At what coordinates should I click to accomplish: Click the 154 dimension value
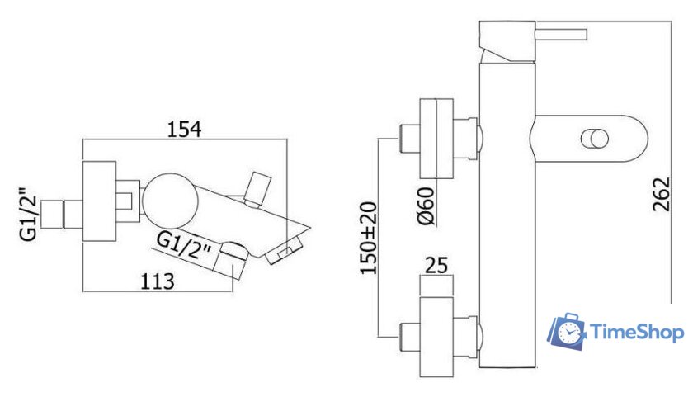(x=184, y=129)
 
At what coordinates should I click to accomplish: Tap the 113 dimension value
(x=158, y=281)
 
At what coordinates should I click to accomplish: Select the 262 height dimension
(x=662, y=195)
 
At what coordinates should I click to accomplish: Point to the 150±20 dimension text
(x=369, y=238)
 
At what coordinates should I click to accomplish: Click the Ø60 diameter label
(x=427, y=206)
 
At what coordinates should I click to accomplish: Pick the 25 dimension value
(x=436, y=266)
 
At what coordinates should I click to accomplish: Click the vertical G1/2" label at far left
(x=29, y=214)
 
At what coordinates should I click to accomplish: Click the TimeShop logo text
(x=637, y=332)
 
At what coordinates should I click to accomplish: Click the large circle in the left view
(x=171, y=200)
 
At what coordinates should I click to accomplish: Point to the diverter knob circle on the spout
(x=594, y=139)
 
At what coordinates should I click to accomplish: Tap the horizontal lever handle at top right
(x=561, y=35)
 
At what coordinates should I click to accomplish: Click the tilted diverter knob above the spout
(x=257, y=189)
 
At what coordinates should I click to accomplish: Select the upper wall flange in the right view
(x=436, y=139)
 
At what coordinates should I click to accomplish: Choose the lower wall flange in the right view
(x=436, y=337)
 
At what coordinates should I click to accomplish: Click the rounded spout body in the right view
(x=589, y=139)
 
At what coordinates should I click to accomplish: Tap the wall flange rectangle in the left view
(x=100, y=201)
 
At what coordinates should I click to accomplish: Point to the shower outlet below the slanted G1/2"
(x=233, y=261)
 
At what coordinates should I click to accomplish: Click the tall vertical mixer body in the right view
(x=508, y=215)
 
